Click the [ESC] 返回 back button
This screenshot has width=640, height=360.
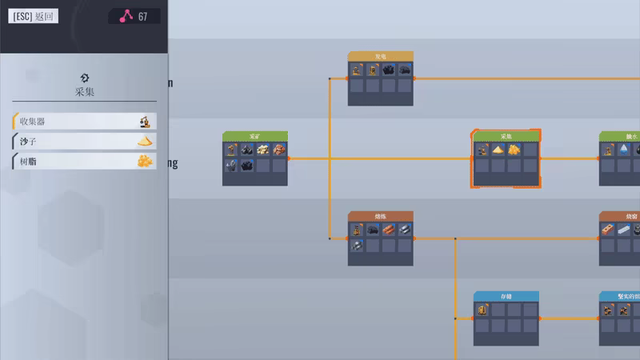[x=34, y=17]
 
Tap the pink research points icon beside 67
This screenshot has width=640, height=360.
[x=126, y=17]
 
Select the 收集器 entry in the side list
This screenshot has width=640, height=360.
[x=85, y=122]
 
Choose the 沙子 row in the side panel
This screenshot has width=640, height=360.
[x=85, y=142]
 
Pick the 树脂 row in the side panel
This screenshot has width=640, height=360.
[x=85, y=162]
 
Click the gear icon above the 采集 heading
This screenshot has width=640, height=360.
[x=85, y=77]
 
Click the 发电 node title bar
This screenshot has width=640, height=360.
[x=381, y=57]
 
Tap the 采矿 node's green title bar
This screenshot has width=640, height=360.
[x=255, y=136]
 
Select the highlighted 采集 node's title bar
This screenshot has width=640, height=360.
[x=506, y=136]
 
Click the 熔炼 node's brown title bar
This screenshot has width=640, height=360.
[x=381, y=216]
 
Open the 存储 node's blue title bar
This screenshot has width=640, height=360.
[x=506, y=296]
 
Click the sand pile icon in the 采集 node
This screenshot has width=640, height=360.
[x=498, y=150]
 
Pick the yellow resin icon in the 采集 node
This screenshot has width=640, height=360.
[x=514, y=150]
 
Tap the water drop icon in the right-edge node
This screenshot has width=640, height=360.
[x=623, y=150]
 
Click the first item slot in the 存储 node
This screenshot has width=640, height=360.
[x=482, y=310]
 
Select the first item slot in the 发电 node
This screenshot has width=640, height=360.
[x=357, y=70]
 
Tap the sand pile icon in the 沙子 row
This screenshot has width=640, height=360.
[x=145, y=142]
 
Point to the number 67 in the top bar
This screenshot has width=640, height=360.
[x=142, y=17]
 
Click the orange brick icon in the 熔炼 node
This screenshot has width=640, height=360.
[x=388, y=230]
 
